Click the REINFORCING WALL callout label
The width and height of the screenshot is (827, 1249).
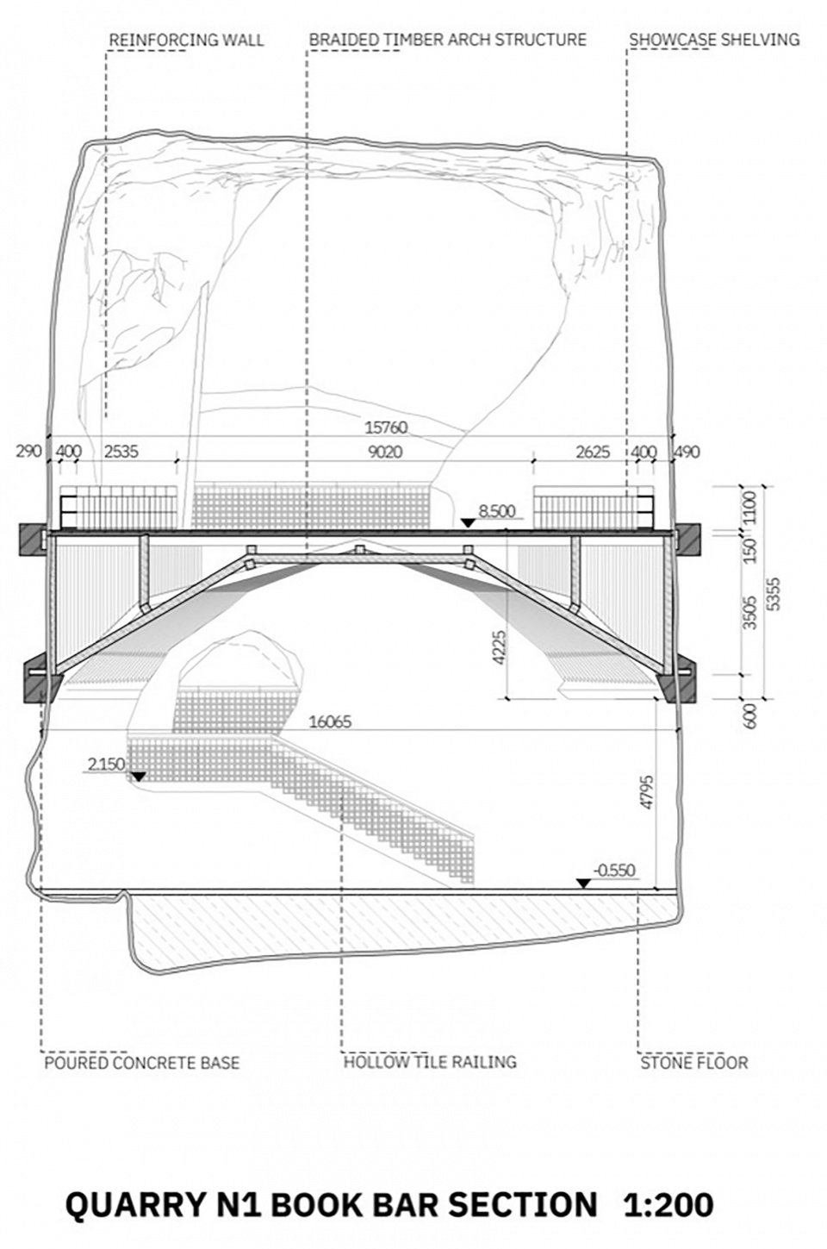186,40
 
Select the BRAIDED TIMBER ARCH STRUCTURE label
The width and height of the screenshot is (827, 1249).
447,40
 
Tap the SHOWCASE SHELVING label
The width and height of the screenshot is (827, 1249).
714,40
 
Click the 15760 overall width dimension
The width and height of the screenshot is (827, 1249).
386,428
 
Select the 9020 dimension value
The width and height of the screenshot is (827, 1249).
385,452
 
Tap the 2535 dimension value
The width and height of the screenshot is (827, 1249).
121,452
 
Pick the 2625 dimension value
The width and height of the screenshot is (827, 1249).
593,452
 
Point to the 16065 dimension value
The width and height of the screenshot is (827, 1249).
331,722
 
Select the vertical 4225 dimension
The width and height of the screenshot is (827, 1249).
499,646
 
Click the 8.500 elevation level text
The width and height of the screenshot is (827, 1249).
497,511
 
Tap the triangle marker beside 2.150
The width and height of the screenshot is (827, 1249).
138,776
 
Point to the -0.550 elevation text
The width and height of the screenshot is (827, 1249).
614,870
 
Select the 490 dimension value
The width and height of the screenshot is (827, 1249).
687,452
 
